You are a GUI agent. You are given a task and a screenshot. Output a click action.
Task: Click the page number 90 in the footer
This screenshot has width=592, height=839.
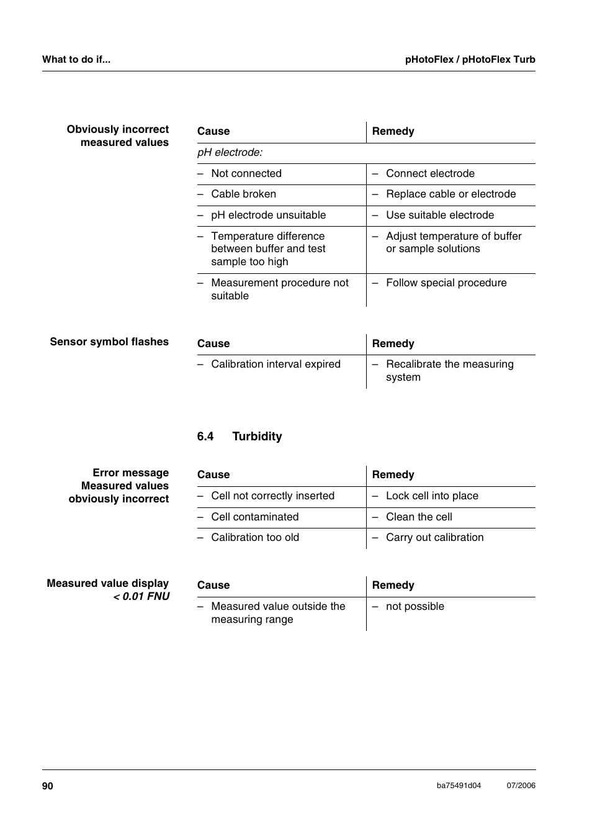click(48, 786)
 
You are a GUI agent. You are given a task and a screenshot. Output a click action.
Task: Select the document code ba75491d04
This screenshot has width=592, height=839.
click(459, 786)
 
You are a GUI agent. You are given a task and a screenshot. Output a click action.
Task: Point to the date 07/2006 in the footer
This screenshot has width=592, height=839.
click(521, 786)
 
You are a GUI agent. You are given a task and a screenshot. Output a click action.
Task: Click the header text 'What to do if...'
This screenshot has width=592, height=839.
click(76, 60)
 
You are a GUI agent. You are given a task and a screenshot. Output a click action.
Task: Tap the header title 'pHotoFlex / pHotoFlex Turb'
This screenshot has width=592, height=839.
click(470, 60)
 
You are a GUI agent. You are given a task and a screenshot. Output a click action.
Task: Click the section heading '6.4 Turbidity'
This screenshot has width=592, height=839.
click(240, 437)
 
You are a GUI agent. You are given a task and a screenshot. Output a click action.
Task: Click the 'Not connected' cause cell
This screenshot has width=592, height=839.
click(246, 174)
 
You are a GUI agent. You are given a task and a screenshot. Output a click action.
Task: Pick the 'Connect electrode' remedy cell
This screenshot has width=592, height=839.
click(430, 174)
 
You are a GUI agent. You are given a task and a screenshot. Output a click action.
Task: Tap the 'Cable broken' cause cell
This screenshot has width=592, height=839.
click(243, 194)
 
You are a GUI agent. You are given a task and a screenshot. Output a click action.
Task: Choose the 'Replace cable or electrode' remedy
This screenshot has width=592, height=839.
click(451, 194)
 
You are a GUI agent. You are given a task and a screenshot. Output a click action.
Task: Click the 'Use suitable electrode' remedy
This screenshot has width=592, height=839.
click(440, 215)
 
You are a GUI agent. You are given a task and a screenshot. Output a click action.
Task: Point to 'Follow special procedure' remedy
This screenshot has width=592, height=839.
click(446, 283)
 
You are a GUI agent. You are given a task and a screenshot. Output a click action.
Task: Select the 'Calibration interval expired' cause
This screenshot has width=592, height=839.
click(276, 365)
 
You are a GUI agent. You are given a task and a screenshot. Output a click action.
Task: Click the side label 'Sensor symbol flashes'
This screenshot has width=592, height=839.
click(109, 342)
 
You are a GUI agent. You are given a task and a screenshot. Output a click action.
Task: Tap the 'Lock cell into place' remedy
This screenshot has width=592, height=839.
click(432, 496)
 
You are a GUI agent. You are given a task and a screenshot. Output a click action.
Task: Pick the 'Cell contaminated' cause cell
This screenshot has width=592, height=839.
click(254, 517)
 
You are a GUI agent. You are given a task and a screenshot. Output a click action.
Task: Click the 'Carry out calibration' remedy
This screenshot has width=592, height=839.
click(434, 538)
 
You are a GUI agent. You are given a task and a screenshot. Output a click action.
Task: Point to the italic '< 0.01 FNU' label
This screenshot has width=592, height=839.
click(141, 597)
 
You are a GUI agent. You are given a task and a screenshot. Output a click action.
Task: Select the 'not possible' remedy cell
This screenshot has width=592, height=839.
click(415, 607)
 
